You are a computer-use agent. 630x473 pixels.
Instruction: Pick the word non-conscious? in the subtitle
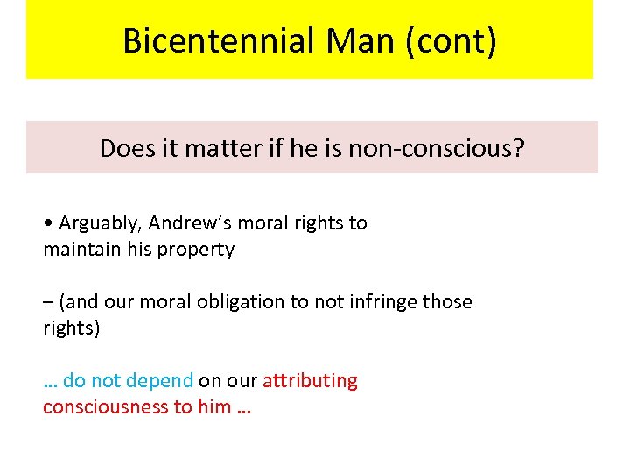coord(437,148)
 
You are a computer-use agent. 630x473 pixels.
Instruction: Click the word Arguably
coord(95,223)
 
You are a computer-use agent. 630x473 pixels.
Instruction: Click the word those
coord(447,302)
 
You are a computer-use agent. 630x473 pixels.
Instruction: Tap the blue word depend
coord(159,381)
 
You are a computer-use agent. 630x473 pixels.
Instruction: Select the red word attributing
coord(311,381)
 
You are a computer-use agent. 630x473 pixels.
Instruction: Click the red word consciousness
coord(104,407)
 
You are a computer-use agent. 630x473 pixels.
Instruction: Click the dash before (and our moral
coord(47,303)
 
